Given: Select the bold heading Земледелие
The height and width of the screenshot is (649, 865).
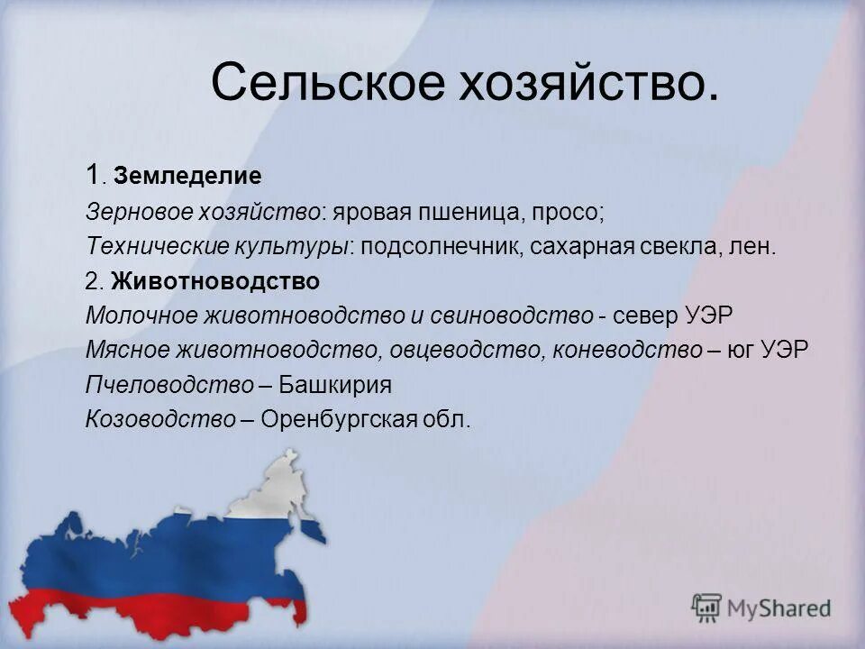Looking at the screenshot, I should pos(187,177).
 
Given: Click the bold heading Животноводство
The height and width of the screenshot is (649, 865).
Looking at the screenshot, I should pos(215,281).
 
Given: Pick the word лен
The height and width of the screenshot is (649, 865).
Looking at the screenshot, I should pos(751,247).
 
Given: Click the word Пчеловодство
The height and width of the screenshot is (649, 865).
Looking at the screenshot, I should pos(169,385).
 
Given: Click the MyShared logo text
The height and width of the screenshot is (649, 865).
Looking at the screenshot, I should pos(779,608).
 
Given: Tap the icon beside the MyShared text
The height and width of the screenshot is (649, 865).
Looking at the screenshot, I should pos(707,608).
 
